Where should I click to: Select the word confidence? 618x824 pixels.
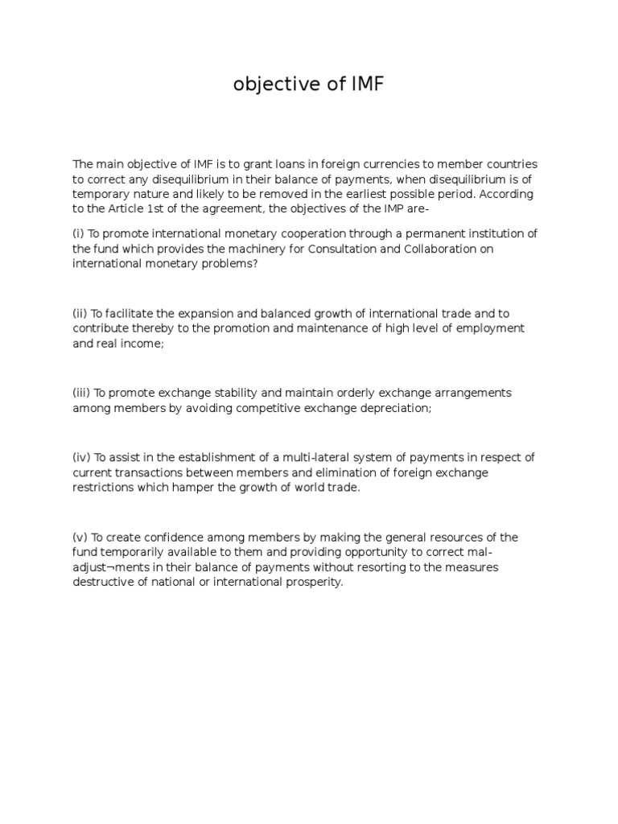[170, 537]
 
